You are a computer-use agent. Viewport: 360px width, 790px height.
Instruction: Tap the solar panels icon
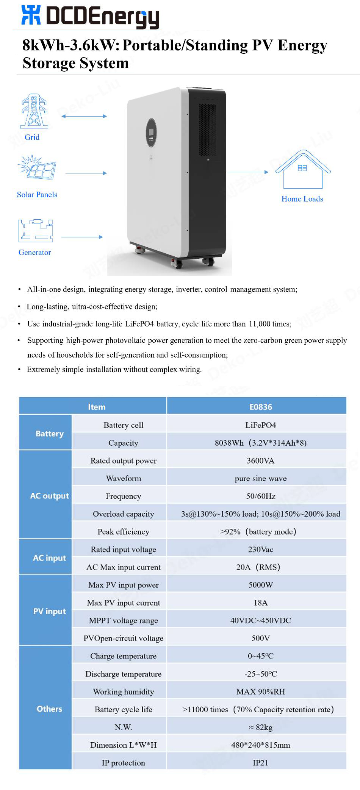click(37, 167)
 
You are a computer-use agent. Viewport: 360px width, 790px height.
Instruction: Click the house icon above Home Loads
click(303, 170)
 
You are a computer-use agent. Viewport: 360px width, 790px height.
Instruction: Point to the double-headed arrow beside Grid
click(84, 116)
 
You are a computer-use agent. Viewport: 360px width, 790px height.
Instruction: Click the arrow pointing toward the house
click(247, 172)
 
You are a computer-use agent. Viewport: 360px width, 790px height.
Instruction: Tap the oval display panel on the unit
click(151, 133)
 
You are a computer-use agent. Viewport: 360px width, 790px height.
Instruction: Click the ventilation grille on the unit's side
click(207, 130)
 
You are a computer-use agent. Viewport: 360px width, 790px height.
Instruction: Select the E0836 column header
click(261, 407)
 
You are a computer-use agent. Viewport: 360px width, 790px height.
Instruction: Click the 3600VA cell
click(261, 461)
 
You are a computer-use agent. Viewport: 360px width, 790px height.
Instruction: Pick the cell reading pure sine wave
click(261, 478)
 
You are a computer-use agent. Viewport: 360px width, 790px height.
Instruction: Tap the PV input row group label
click(49, 611)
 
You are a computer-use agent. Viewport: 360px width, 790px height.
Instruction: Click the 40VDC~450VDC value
click(261, 620)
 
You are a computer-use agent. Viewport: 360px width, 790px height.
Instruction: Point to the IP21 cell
click(261, 763)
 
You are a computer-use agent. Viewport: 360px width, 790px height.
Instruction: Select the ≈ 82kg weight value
click(261, 727)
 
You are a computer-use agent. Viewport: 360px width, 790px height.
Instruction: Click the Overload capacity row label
click(123, 514)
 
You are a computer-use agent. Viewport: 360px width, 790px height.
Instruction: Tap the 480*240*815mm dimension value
click(261, 745)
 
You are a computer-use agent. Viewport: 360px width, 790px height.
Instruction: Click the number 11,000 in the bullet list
click(259, 324)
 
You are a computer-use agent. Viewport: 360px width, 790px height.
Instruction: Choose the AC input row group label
click(49, 558)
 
